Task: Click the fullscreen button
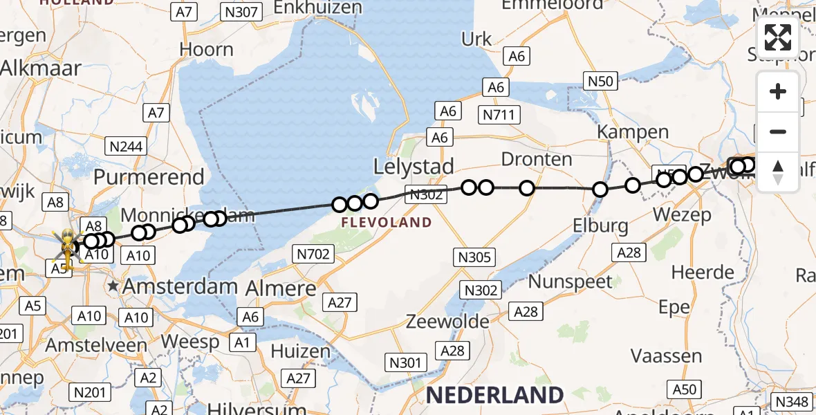click(x=778, y=37)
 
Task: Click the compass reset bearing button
click(x=778, y=172)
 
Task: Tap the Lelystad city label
click(x=414, y=167)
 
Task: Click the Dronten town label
click(x=537, y=160)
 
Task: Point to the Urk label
click(x=476, y=39)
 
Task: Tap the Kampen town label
click(x=633, y=131)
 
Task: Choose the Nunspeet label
click(x=571, y=282)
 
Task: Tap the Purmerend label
click(x=149, y=176)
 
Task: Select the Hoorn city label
click(x=206, y=50)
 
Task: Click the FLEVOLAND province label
click(x=387, y=223)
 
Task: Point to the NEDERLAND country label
click(x=494, y=395)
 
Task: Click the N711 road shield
click(x=499, y=114)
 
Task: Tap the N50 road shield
click(x=600, y=82)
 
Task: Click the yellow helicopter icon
click(x=68, y=248)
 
